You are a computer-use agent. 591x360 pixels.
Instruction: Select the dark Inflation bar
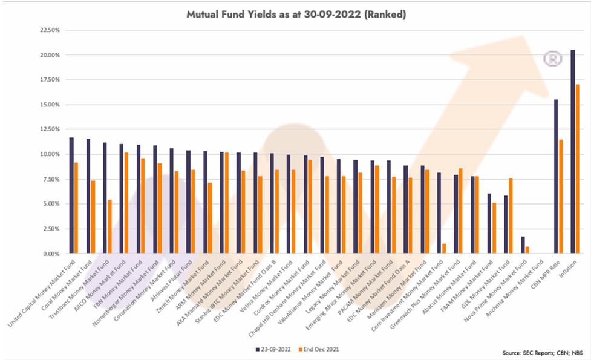(x=573, y=151)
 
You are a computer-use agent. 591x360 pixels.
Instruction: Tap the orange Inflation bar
(x=578, y=169)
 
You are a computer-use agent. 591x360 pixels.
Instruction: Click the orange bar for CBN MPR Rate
(x=561, y=197)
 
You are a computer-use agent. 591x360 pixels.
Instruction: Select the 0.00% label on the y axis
(x=48, y=254)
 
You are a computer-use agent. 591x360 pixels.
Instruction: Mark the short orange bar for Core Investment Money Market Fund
(x=443, y=249)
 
